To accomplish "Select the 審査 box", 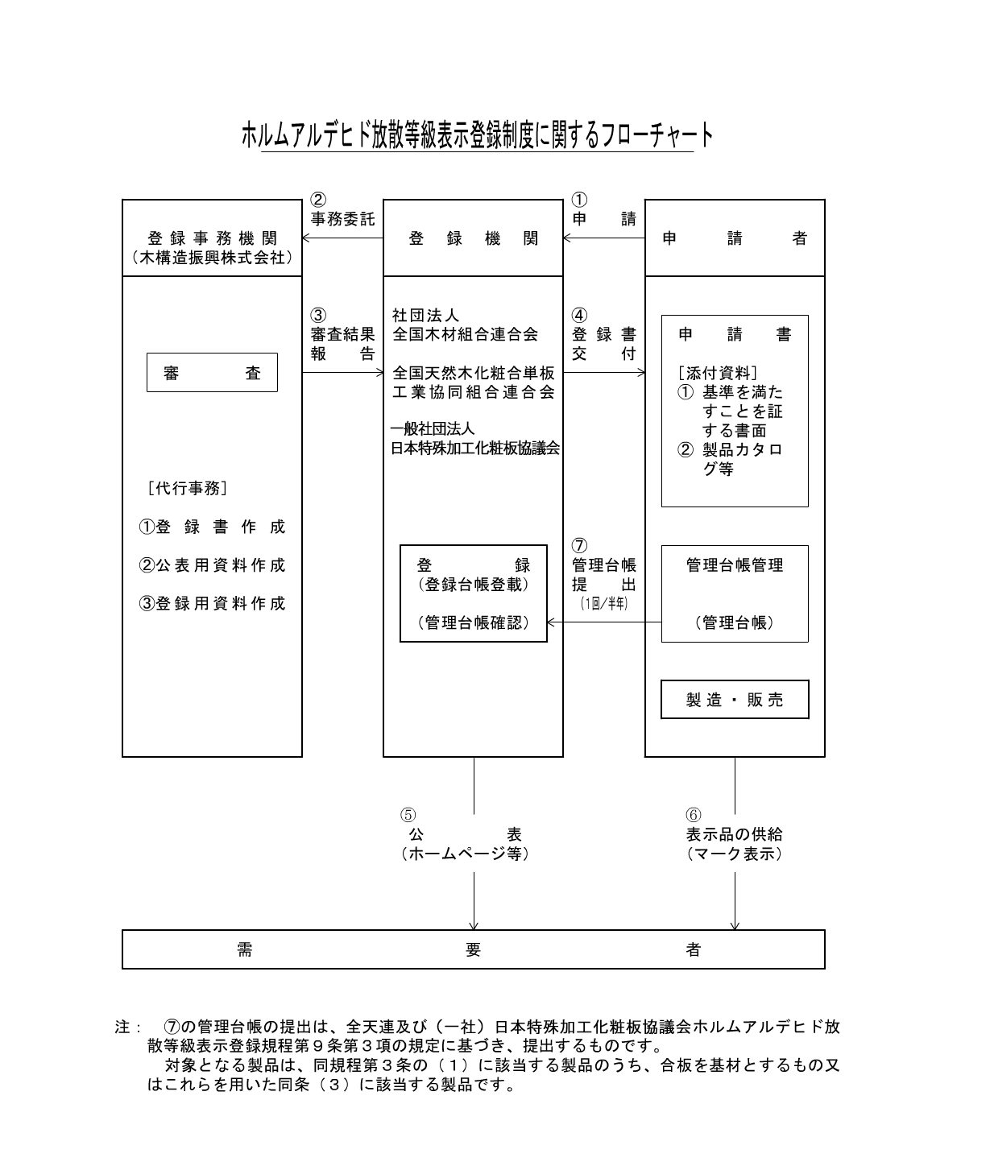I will click(x=212, y=373).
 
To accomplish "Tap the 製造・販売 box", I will click(x=735, y=700).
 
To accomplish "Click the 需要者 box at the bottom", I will click(x=473, y=950).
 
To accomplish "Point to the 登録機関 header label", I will click(x=473, y=238).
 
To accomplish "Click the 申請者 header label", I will click(x=734, y=238).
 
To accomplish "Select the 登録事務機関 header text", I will click(x=212, y=238).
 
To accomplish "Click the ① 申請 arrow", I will click(x=604, y=238).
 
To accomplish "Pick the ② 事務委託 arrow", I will click(x=342, y=238).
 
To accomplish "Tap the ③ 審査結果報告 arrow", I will click(x=342, y=373).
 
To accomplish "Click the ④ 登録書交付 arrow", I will click(x=604, y=373).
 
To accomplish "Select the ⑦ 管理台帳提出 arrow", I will click(x=604, y=622).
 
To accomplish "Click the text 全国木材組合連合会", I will click(x=465, y=334).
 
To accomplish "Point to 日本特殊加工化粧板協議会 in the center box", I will click(x=474, y=449).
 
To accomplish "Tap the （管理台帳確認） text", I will click(x=474, y=622).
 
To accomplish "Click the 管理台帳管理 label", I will click(x=735, y=565).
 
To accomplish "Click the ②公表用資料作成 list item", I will click(x=213, y=565).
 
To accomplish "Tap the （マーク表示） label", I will click(x=734, y=854).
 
